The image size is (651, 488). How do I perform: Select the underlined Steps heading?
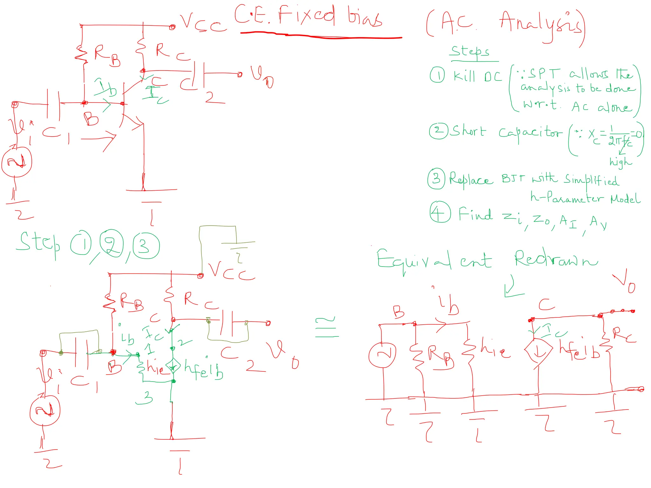coord(470,51)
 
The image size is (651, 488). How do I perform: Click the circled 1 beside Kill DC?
coord(437,75)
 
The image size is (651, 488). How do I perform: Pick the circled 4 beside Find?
coord(440,212)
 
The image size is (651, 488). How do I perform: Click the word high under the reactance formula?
coord(620,162)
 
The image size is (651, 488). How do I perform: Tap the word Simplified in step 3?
coord(591,180)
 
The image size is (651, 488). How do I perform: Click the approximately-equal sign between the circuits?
coord(327,327)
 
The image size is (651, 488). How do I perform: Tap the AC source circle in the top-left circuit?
coord(17,162)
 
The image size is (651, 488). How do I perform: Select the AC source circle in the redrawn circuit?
coord(382,355)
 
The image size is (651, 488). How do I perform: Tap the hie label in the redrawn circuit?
coord(495,349)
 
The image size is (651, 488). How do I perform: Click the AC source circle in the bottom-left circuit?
coord(45,410)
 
